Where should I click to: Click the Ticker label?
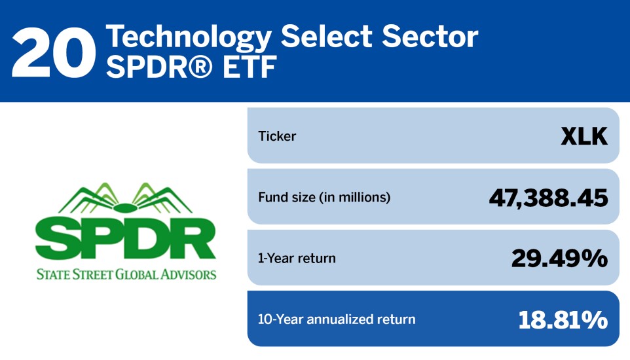coord(277,137)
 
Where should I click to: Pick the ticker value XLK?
coord(584,137)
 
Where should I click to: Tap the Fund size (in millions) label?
coord(324,197)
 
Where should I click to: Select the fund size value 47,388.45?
coord(548,198)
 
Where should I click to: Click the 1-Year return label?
coord(297,258)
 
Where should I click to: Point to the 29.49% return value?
coord(559,259)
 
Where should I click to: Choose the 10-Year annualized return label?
coord(337,319)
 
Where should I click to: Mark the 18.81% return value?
coord(563,319)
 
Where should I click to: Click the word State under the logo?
coord(53,274)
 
